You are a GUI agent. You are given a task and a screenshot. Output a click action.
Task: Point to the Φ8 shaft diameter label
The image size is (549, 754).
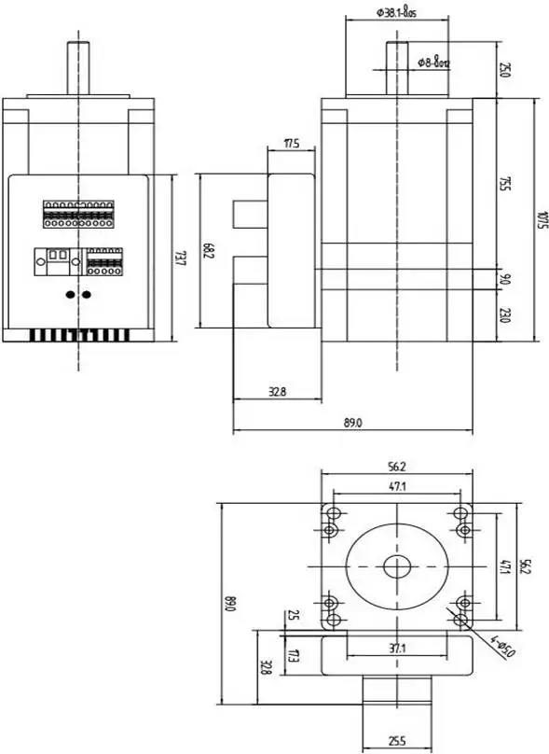(433, 63)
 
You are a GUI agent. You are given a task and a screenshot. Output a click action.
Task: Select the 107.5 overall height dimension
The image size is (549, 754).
(542, 221)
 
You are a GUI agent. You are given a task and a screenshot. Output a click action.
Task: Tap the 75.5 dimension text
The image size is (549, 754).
(504, 183)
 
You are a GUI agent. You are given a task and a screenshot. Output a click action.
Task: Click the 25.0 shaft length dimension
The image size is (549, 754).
(504, 69)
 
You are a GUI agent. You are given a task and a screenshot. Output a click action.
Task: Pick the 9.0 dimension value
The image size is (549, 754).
(504, 279)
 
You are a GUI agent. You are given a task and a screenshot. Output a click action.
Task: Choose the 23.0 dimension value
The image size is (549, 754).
(504, 314)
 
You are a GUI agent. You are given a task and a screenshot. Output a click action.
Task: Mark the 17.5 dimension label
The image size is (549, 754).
(290, 144)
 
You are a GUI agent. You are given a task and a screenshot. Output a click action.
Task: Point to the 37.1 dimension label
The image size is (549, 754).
(398, 648)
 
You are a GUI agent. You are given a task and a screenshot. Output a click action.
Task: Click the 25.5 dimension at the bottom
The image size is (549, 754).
(397, 742)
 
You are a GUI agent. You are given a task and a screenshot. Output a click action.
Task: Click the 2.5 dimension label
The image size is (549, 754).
(293, 615)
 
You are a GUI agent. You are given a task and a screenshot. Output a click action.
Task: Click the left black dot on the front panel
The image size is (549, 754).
(71, 295)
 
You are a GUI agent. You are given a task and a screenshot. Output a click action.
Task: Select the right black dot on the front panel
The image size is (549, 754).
(87, 295)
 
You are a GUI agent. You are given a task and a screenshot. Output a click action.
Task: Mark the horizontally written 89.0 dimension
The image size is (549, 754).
(351, 423)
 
